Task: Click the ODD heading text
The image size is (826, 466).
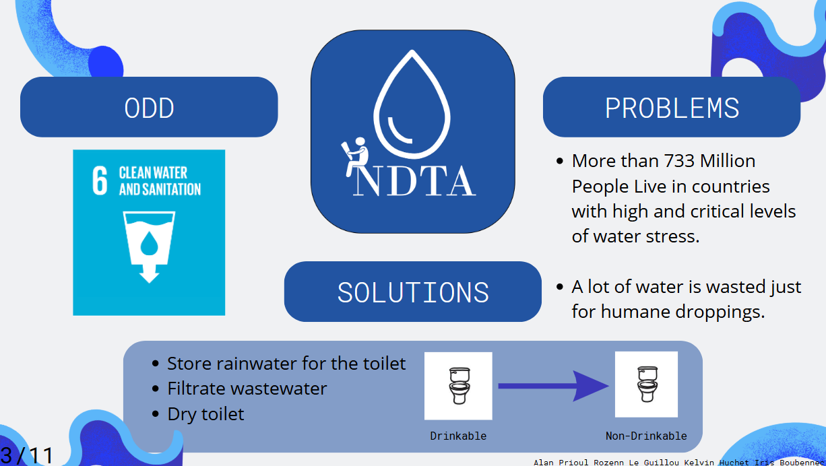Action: tap(149, 108)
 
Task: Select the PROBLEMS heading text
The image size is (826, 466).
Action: tap(672, 108)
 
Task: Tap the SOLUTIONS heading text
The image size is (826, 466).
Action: tap(413, 292)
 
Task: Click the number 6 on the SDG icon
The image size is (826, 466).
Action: tap(100, 180)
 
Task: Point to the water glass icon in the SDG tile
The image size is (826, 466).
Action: tap(149, 238)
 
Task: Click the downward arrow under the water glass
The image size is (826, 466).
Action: tap(149, 274)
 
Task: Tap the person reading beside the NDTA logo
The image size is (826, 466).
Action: tap(354, 157)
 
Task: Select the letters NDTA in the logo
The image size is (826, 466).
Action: tap(414, 181)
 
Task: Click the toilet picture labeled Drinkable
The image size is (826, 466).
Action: tap(458, 386)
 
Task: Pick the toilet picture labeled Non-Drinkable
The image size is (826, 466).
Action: tap(646, 384)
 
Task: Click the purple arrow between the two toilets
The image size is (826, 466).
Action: tap(553, 386)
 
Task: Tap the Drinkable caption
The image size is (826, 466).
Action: tap(458, 436)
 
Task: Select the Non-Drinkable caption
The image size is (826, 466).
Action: tap(646, 436)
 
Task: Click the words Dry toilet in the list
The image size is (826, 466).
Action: tap(205, 414)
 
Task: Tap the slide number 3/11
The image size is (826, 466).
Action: tap(26, 456)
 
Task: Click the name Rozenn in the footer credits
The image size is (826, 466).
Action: tap(608, 463)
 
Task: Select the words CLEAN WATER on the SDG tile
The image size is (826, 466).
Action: tap(153, 172)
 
